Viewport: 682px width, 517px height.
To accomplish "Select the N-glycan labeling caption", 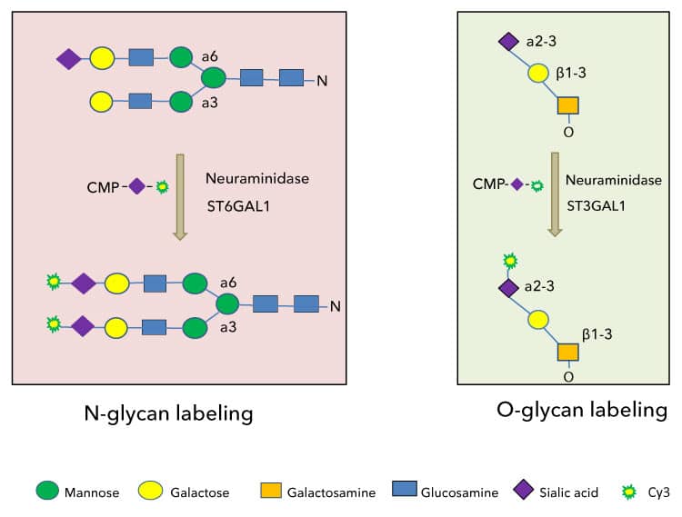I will pos(167,414).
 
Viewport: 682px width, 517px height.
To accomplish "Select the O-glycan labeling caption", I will pos(582,410).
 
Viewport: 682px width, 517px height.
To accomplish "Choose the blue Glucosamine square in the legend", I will pos(406,492).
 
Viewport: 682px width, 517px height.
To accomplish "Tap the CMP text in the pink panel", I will pos(105,186).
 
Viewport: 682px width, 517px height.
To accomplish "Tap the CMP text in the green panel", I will pos(490,184).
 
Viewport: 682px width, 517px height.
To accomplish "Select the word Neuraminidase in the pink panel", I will pos(257,179).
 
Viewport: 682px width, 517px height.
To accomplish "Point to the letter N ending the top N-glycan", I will pos(321,82).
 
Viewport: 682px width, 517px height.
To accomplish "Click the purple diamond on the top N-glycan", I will pos(69,59).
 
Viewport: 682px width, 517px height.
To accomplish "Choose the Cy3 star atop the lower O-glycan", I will pos(510,262).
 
